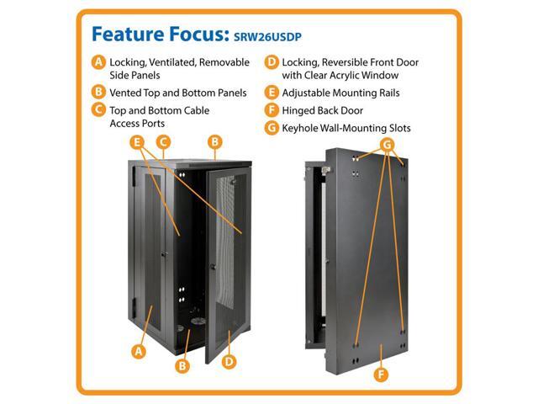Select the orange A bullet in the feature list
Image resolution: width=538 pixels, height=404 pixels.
tap(98, 62)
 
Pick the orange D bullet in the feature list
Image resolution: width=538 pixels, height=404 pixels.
tap(272, 62)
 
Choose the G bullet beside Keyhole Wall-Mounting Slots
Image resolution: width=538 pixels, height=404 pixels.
tap(272, 128)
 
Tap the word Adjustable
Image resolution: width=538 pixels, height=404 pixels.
tap(315, 93)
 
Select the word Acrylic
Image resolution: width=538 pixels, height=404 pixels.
tap(373, 74)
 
